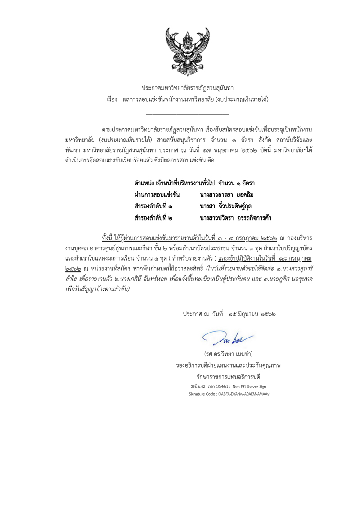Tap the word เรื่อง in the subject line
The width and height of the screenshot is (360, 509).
tap(112, 99)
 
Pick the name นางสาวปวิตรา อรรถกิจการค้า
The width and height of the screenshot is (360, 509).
tap(235, 218)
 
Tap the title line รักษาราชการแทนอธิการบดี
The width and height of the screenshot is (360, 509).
tap(228, 375)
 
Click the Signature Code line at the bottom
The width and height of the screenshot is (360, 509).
tap(229, 394)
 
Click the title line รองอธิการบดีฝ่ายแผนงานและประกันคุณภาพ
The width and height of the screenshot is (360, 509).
tap(228, 364)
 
